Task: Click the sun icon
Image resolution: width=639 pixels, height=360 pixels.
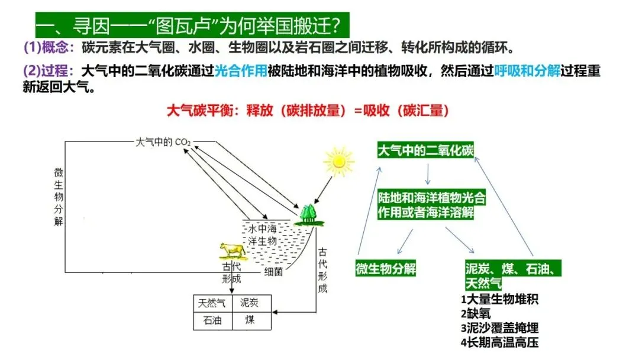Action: click(338, 160)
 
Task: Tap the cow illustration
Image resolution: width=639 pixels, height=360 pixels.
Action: click(231, 250)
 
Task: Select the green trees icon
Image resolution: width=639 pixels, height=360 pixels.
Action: click(309, 215)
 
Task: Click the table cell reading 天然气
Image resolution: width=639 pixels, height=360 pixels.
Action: click(212, 303)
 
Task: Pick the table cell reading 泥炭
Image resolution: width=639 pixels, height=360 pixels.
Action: click(250, 303)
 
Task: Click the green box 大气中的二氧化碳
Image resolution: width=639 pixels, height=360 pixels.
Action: click(426, 150)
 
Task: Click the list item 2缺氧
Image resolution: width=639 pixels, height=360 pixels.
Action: click(476, 313)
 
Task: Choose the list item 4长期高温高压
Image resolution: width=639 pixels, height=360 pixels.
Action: click(500, 342)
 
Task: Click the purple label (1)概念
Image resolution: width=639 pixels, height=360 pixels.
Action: click(49, 47)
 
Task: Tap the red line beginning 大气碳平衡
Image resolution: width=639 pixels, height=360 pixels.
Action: click(308, 110)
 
